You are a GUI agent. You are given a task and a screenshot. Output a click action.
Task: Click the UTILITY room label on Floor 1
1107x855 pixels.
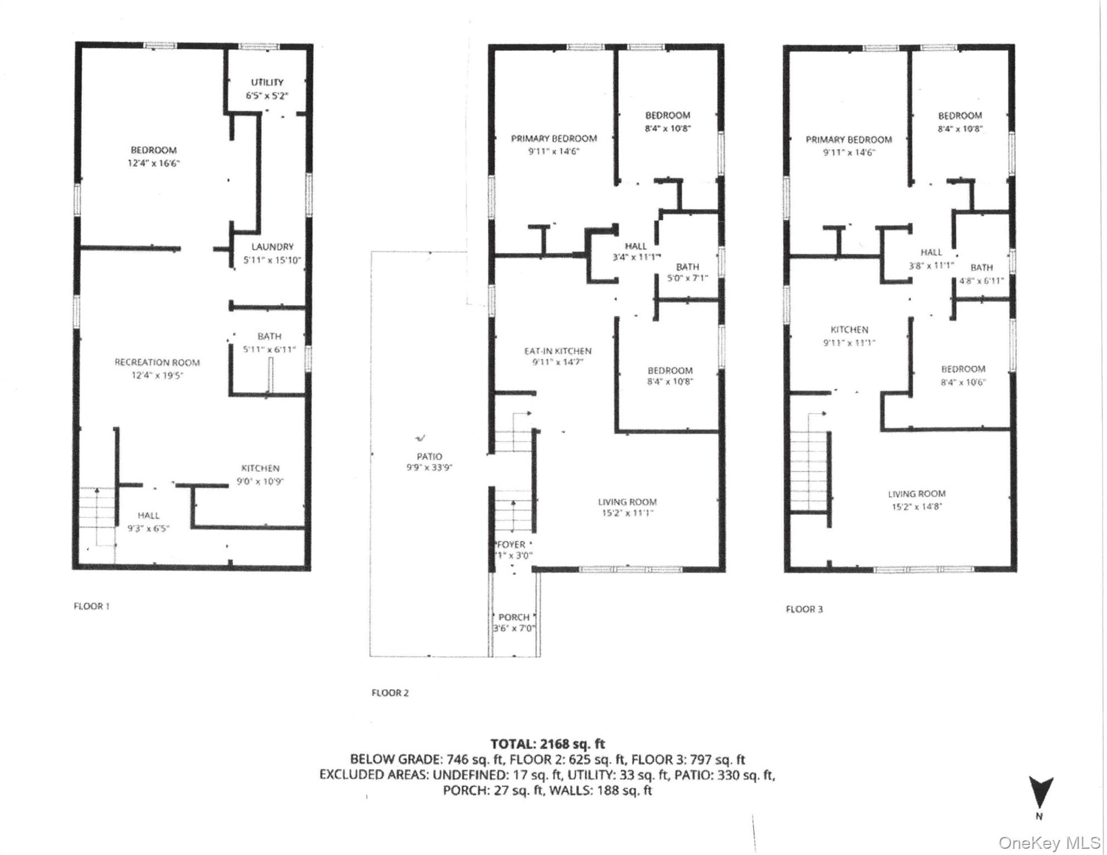(x=267, y=82)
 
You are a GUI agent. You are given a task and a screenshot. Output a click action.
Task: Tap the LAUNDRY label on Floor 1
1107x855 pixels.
(x=272, y=247)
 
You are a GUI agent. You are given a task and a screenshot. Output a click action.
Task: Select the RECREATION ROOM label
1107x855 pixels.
(x=157, y=362)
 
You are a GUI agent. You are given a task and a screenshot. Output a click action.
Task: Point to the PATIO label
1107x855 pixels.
(x=429, y=456)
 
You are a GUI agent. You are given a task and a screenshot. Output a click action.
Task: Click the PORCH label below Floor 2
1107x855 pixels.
(x=513, y=617)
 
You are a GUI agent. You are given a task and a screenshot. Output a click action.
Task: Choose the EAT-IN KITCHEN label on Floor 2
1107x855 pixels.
(x=557, y=351)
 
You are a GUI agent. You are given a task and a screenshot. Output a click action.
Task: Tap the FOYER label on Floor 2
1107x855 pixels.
(x=511, y=544)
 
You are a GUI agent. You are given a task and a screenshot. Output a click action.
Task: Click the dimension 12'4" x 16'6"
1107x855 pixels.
(x=154, y=164)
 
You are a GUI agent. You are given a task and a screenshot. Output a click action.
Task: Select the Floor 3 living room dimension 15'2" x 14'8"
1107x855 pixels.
(x=916, y=507)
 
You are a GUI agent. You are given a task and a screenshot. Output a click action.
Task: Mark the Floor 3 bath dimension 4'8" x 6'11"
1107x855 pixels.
(x=981, y=281)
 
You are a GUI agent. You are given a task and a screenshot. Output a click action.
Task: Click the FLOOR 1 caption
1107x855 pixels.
(x=91, y=606)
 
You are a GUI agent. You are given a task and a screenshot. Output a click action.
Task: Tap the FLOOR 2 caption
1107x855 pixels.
(x=390, y=693)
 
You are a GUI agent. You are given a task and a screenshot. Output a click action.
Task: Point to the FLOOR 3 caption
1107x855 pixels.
(x=804, y=609)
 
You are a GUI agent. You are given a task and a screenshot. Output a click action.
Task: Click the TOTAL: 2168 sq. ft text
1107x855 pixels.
(x=547, y=744)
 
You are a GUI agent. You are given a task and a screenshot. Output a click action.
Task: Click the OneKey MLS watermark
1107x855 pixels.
(x=1049, y=843)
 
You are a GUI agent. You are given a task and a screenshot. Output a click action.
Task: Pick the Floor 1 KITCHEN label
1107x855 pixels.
(x=260, y=469)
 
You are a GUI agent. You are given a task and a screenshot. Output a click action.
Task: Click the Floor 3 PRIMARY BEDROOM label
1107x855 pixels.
(x=848, y=140)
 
